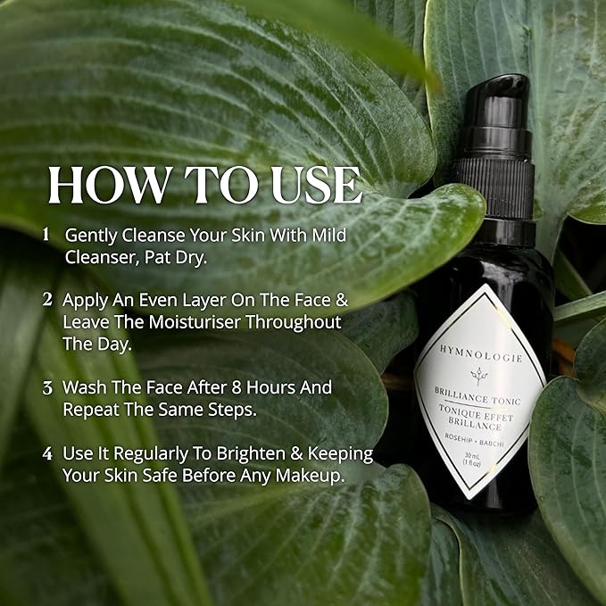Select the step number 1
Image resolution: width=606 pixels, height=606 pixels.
tap(46, 235)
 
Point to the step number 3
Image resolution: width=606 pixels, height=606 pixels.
tap(46, 388)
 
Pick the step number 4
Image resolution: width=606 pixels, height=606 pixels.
tap(46, 453)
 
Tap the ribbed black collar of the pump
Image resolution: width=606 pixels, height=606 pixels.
tap(492, 186)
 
